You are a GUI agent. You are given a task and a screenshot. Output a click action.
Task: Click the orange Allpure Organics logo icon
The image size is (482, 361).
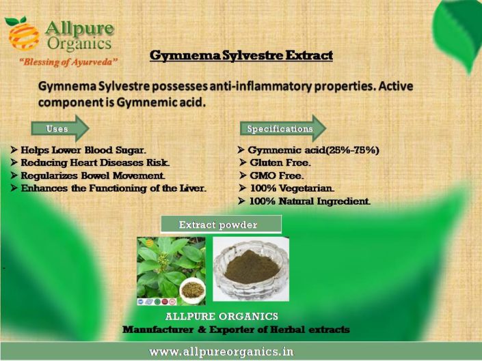click(22, 33)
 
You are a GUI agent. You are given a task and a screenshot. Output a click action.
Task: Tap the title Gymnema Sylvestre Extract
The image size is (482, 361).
click(241, 55)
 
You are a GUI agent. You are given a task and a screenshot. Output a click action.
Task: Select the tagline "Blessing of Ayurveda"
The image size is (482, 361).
click(68, 62)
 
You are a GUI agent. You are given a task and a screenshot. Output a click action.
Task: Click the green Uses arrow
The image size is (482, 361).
click(60, 128)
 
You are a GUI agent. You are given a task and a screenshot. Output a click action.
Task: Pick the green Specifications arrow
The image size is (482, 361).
click(282, 128)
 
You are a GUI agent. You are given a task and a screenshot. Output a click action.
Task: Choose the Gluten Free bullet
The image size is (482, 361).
click(280, 162)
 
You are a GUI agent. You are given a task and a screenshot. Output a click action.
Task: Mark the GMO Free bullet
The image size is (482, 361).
click(276, 175)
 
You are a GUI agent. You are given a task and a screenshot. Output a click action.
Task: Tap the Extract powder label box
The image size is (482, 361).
click(220, 225)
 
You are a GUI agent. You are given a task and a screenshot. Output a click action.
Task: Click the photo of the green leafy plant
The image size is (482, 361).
click(171, 271)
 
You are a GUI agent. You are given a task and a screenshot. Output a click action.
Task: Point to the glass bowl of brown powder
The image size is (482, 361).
click(251, 269)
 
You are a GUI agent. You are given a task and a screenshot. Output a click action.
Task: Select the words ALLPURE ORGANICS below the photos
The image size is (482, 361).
click(222, 317)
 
